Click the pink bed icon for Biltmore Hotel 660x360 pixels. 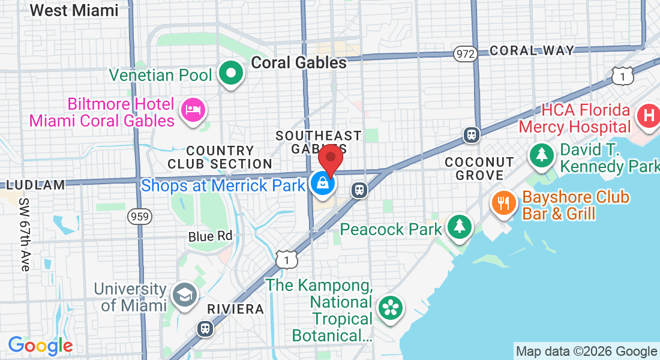[193, 109]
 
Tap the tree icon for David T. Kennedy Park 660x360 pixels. [542, 155]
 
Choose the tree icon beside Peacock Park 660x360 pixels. [460, 226]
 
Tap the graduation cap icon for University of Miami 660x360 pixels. [183, 295]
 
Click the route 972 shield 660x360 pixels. [465, 53]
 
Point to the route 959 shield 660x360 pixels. [139, 217]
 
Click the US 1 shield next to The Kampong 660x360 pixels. [287, 259]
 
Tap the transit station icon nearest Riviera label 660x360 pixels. [205, 329]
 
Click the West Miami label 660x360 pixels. [74, 10]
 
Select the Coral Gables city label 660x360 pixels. [299, 62]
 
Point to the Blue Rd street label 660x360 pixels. [210, 236]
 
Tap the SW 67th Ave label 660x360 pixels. [25, 234]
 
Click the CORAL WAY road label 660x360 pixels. [532, 50]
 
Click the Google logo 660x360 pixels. [40, 346]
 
